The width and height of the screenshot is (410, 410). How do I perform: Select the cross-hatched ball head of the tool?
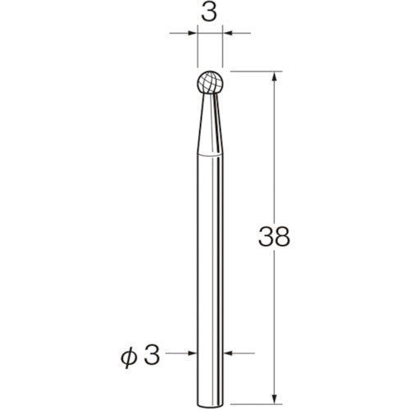click(x=211, y=84)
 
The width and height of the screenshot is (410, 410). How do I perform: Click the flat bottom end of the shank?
click(x=211, y=398)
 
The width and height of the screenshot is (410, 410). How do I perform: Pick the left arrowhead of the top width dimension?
click(x=194, y=34)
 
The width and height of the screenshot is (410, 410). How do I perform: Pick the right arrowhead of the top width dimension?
click(x=228, y=34)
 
